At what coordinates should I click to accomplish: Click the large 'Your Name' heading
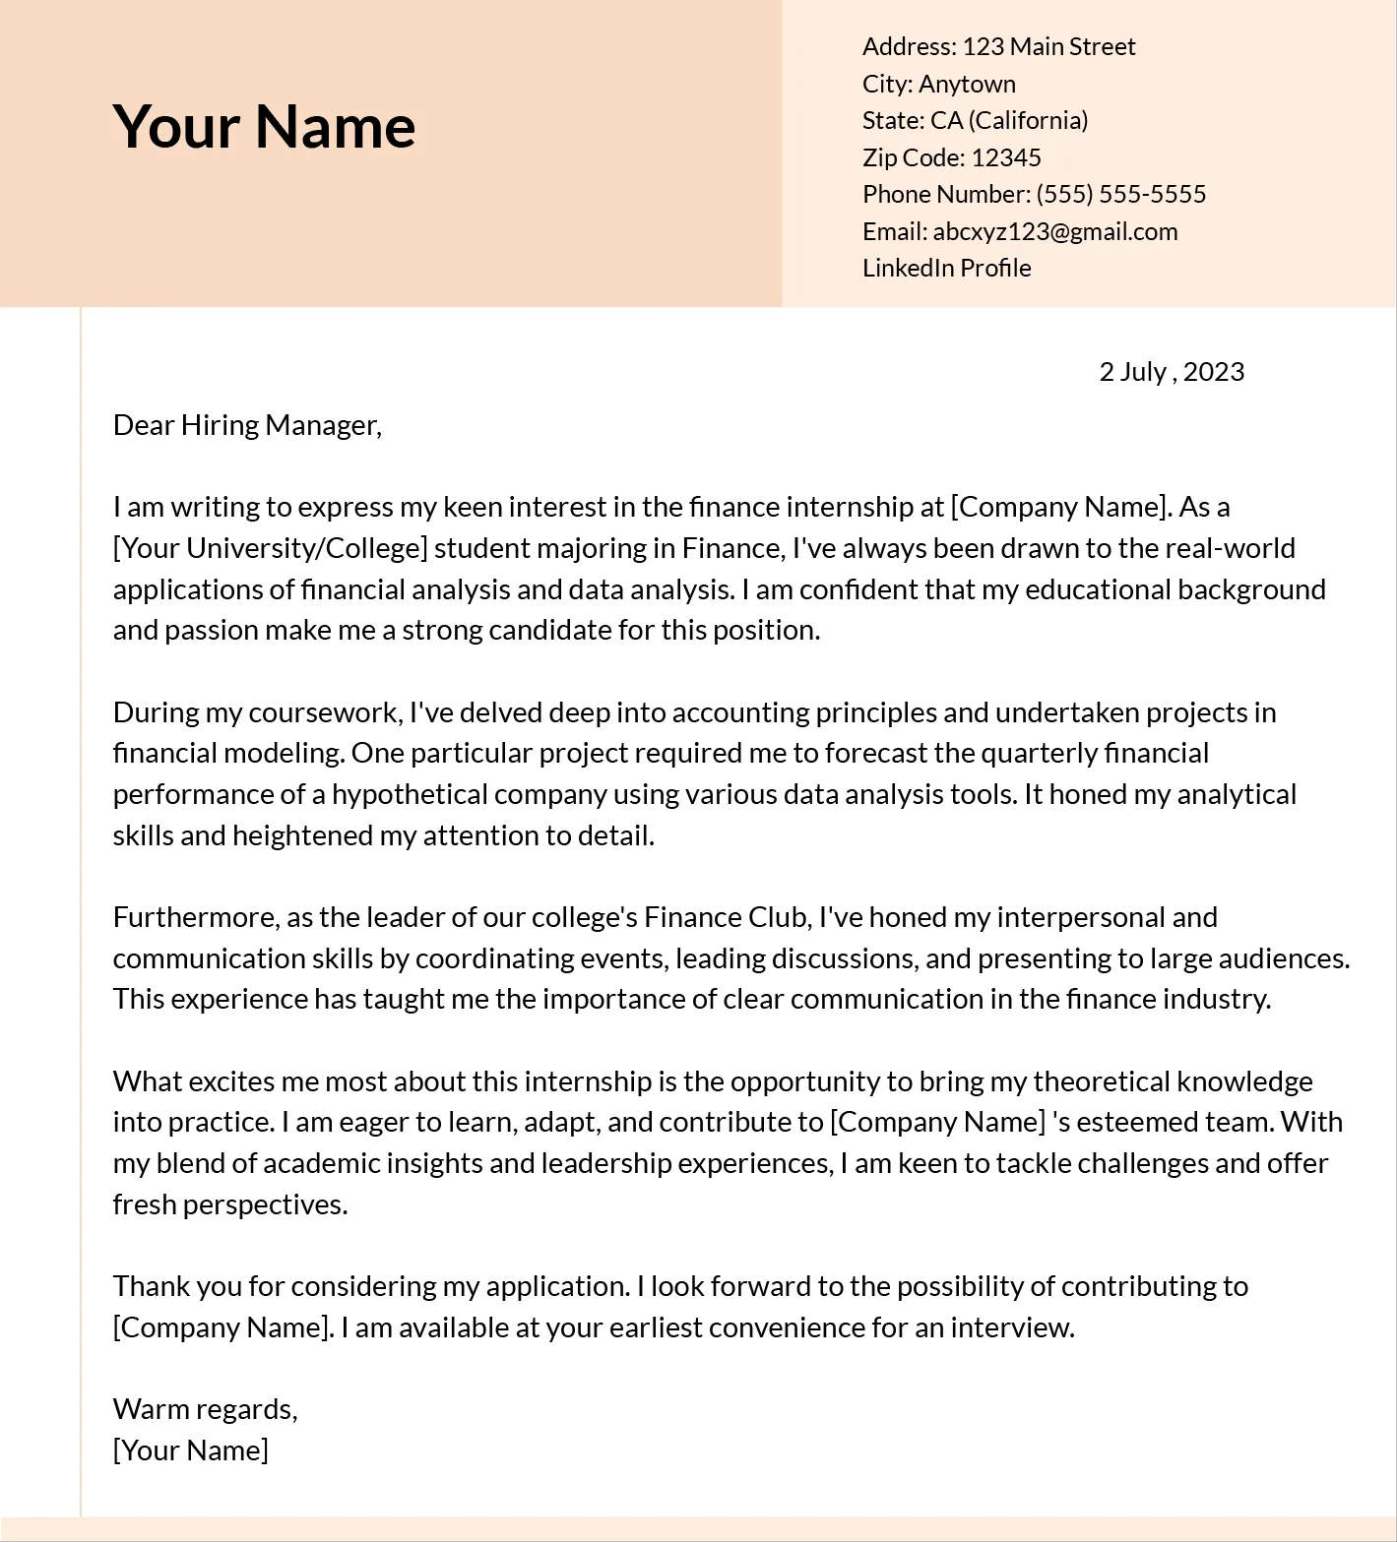tap(264, 126)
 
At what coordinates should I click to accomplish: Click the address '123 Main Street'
tap(1048, 46)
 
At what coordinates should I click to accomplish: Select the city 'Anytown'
tap(967, 84)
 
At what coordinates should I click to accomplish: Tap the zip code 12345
tap(1005, 157)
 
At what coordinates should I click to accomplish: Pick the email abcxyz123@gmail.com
tap(1054, 231)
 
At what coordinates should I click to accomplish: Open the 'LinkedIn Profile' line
tap(946, 268)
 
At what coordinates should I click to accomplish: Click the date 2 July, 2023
tap(1171, 371)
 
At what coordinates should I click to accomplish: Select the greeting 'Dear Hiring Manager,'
tap(247, 425)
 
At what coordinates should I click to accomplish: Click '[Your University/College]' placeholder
tap(270, 548)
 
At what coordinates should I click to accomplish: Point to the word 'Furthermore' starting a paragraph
tap(196, 917)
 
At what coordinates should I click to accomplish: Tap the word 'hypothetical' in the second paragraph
tap(410, 794)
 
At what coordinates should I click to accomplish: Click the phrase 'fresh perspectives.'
tap(230, 1204)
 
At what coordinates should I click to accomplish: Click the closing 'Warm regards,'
tap(205, 1409)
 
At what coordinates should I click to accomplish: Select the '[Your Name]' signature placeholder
tap(190, 1450)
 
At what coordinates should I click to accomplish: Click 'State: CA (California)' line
tap(975, 120)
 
